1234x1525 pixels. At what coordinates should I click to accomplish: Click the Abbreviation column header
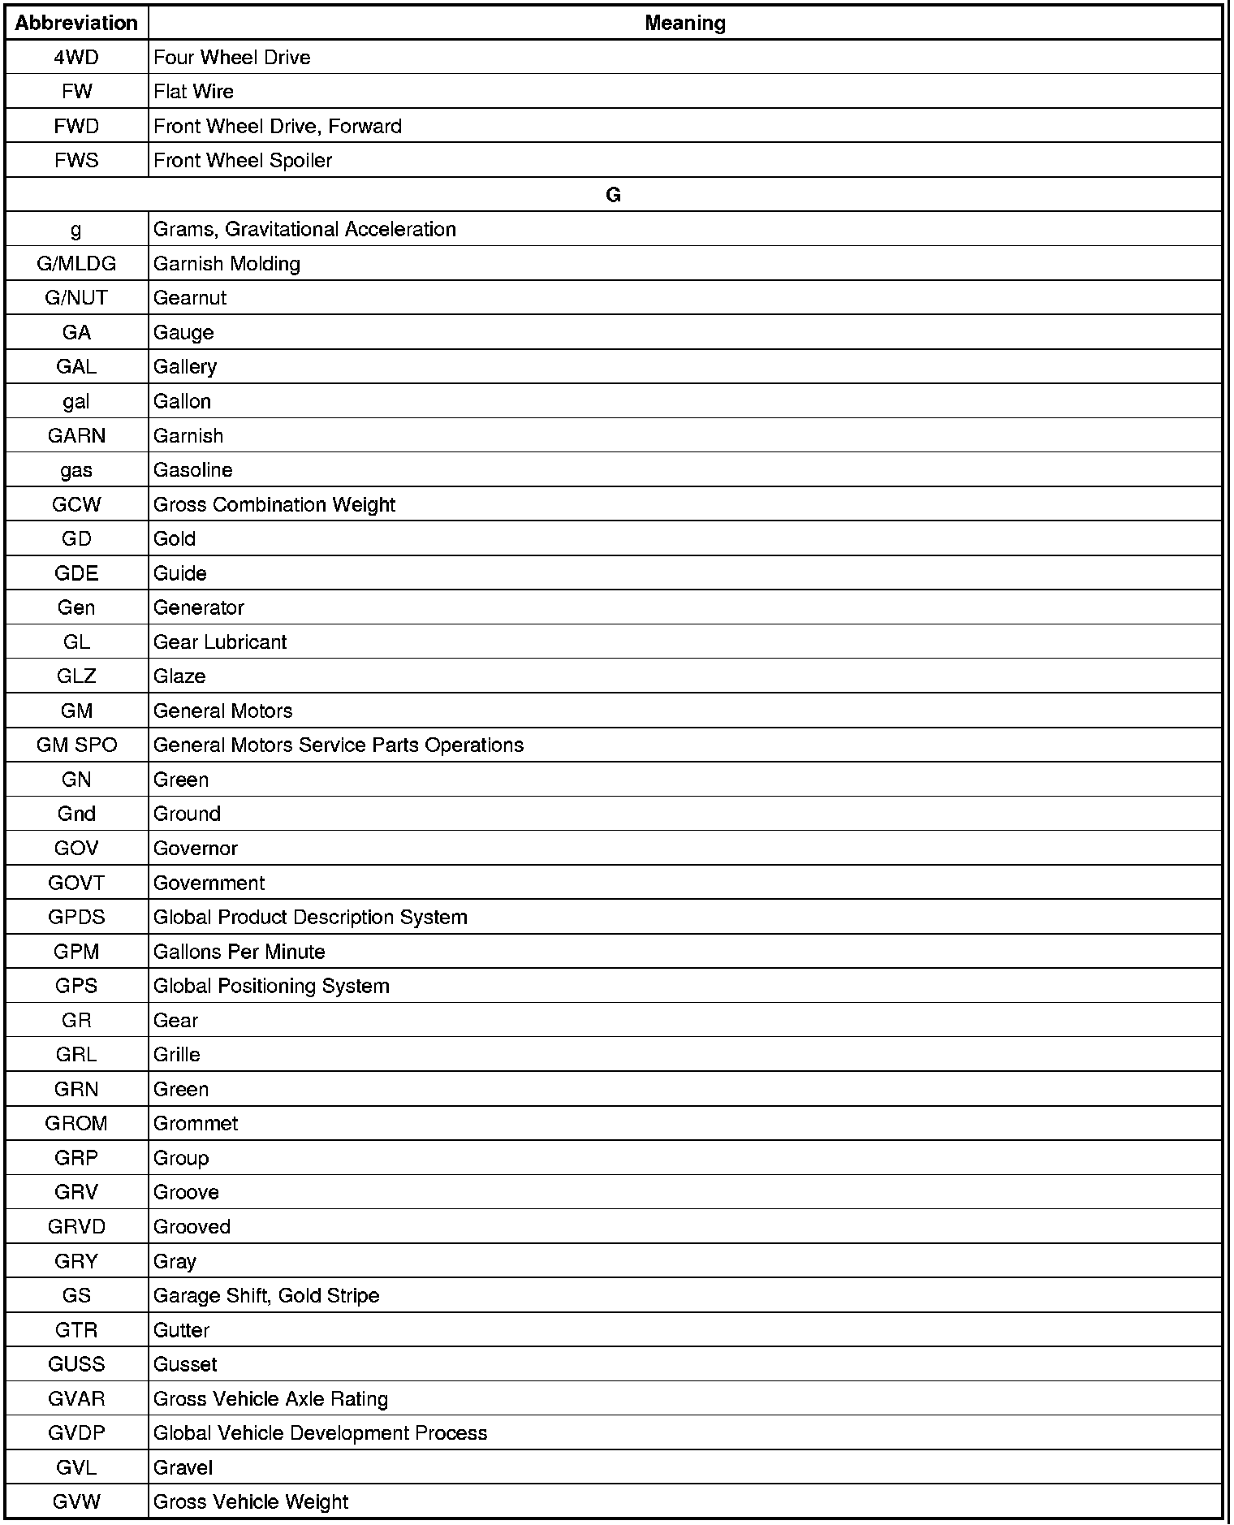point(76,24)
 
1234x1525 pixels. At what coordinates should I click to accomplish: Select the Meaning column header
point(684,24)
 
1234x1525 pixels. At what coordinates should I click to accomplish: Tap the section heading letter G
point(613,195)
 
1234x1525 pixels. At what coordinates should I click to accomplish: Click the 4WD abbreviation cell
point(76,58)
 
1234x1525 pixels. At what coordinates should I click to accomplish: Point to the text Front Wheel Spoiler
point(243,161)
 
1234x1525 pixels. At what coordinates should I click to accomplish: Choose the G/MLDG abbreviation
point(76,264)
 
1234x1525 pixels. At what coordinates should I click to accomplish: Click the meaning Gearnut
point(190,298)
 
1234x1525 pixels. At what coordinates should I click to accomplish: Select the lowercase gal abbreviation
point(76,402)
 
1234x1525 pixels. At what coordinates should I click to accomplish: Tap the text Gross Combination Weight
point(274,505)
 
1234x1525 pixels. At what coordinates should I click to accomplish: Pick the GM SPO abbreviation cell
point(76,745)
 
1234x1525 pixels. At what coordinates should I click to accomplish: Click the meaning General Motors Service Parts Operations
point(338,745)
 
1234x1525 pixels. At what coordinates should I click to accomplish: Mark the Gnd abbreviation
point(76,814)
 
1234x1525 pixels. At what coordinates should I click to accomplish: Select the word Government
point(209,883)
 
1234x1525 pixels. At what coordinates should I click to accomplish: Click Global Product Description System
point(310,918)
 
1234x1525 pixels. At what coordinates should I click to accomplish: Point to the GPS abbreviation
point(76,987)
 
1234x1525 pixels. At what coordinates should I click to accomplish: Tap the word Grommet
point(196,1124)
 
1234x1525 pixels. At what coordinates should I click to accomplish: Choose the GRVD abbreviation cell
point(76,1227)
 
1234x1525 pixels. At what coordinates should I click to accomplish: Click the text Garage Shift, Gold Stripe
point(266,1296)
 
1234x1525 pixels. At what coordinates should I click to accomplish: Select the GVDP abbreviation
point(76,1433)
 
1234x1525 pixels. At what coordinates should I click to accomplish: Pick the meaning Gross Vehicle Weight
point(250,1502)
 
